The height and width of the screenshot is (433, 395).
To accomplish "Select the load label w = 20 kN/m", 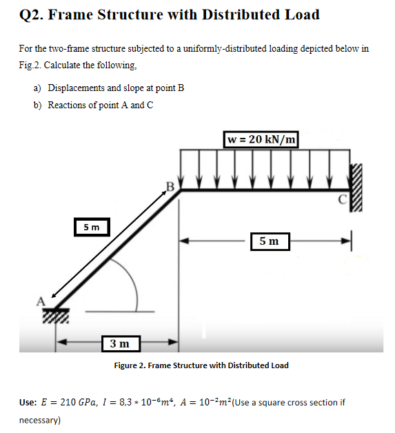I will click(261, 139).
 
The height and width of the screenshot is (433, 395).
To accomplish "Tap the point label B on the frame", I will click(170, 185).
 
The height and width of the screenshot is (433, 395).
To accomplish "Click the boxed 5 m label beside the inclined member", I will click(91, 226).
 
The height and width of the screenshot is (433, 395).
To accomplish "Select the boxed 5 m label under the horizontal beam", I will click(270, 241).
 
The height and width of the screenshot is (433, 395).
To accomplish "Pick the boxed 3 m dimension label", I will click(119, 343).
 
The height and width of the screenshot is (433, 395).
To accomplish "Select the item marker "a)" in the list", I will click(37, 88).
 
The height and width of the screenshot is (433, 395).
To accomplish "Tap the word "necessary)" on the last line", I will click(40, 419).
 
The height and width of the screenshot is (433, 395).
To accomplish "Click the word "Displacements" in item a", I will click(76, 88).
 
